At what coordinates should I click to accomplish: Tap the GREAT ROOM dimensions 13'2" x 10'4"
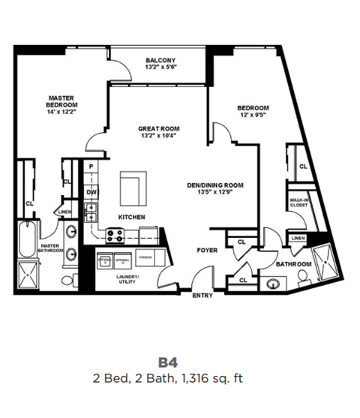point(157,136)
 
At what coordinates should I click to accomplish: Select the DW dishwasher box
point(91,192)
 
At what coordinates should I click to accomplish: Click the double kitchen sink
point(91,212)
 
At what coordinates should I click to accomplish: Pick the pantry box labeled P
point(91,166)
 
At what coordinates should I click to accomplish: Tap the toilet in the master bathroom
point(68,280)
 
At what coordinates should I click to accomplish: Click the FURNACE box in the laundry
point(145,258)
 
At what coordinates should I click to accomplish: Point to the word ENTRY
point(202,296)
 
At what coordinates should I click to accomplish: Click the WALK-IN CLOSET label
point(300,203)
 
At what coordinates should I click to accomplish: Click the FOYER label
point(207,251)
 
